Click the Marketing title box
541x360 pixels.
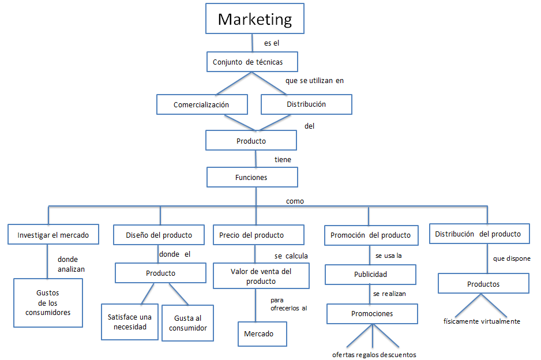coord(255,19)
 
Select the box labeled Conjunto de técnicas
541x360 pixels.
coord(253,62)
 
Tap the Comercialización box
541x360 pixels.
coord(202,104)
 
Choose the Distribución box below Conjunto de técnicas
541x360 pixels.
coord(306,104)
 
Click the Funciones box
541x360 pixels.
coord(252,177)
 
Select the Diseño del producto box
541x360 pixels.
coord(159,235)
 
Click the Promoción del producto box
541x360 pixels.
coord(371,235)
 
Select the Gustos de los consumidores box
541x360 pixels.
coord(48,303)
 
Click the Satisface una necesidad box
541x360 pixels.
coord(130,321)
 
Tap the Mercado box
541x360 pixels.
coord(262,333)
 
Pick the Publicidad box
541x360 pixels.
coord(370,275)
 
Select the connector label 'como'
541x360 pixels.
coord(295,201)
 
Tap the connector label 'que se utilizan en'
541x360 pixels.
coord(314,81)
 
